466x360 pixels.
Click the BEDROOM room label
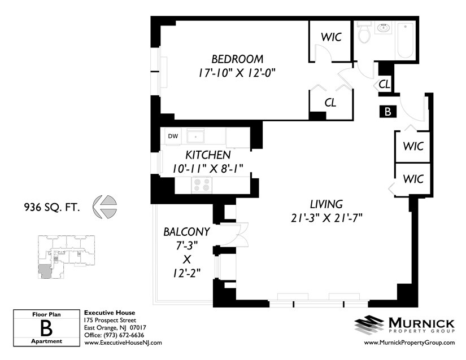237,59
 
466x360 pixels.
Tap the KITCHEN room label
208,155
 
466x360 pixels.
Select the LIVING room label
326,204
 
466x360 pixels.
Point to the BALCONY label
186,231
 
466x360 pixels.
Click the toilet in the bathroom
364,34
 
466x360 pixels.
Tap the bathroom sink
384,28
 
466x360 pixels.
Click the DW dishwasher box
173,136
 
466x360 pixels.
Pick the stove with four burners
202,184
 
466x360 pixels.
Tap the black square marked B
387,111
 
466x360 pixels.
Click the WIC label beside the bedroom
331,37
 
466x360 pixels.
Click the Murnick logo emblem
369,324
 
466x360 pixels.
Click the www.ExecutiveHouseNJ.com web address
123,343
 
